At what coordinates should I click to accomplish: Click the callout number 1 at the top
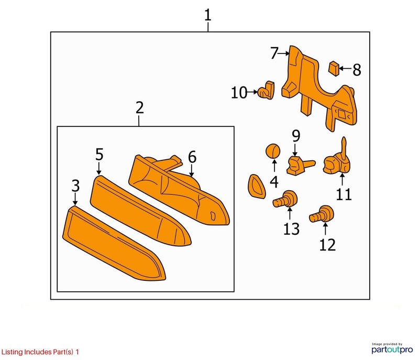click(x=207, y=15)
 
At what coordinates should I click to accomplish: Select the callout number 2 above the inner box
click(x=139, y=108)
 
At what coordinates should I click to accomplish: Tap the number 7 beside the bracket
click(x=274, y=53)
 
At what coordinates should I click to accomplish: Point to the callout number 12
click(x=327, y=245)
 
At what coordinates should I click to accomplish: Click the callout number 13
click(x=291, y=229)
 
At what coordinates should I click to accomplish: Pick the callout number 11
click(x=344, y=194)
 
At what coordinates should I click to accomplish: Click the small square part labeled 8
click(x=334, y=69)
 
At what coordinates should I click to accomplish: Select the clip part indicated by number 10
click(x=266, y=90)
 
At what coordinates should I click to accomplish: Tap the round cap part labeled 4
click(x=272, y=151)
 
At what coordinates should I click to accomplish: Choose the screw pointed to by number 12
click(x=322, y=214)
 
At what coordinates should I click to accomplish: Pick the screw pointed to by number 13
click(x=285, y=199)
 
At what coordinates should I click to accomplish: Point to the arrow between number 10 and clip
click(x=252, y=92)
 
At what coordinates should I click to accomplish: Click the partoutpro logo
click(x=392, y=348)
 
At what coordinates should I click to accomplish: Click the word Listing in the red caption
click(x=12, y=352)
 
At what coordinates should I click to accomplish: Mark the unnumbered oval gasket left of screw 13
click(x=257, y=186)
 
